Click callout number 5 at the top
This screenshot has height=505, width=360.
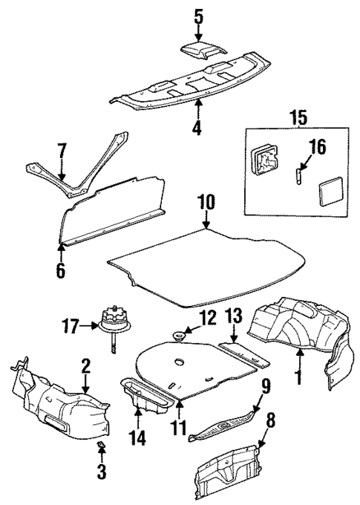coord(197,14)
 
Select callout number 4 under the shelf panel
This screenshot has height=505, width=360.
coord(196,127)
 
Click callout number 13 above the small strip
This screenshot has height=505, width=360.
coord(234,320)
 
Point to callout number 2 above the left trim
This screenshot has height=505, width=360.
coord(86,365)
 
